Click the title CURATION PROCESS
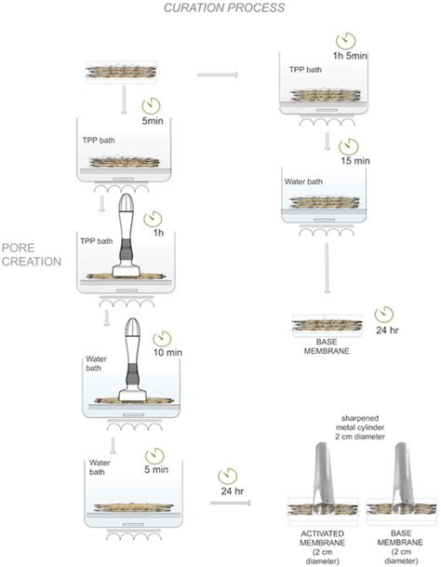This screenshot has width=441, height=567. (220, 8)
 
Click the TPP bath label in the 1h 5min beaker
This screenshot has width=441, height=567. (310, 67)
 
